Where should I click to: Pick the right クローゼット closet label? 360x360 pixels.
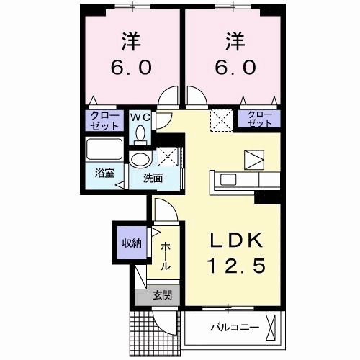tap(260, 119)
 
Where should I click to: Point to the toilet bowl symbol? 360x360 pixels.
tap(140, 133)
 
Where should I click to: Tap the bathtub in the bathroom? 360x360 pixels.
tap(104, 151)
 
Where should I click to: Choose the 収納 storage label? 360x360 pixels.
tap(130, 242)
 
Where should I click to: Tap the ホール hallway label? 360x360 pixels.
tap(166, 256)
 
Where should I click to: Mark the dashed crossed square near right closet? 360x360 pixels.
tap(220, 119)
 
